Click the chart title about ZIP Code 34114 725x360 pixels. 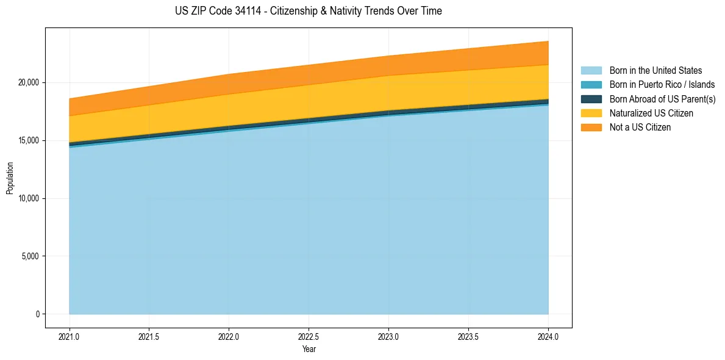click(x=308, y=11)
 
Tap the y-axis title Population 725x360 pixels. click(x=10, y=178)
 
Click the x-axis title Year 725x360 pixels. click(x=309, y=349)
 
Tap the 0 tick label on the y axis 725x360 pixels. click(x=38, y=314)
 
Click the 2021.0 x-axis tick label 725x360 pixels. click(x=70, y=336)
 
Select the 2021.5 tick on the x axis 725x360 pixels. click(x=149, y=336)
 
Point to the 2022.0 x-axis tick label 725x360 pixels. click(x=229, y=336)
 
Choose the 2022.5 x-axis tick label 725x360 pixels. click(x=309, y=336)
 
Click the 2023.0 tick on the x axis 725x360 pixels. click(x=389, y=336)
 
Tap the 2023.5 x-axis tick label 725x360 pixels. click(x=468, y=336)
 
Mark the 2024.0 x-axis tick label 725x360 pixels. click(x=548, y=336)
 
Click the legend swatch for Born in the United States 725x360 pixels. click(x=591, y=71)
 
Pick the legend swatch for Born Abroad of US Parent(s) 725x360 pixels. click(x=591, y=99)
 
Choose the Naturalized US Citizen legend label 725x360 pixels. click(x=651, y=113)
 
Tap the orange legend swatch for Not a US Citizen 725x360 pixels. click(x=591, y=128)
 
